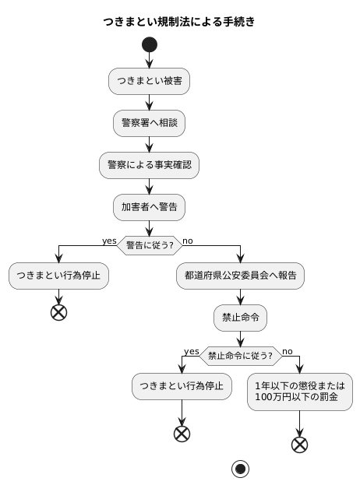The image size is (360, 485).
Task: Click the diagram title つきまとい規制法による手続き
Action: [179, 22]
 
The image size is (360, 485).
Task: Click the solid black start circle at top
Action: [149, 44]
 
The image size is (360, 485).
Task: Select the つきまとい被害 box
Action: [149, 80]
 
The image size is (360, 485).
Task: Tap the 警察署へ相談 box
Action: [149, 122]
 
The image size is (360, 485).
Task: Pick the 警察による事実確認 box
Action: [149, 164]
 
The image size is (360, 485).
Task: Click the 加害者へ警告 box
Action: [149, 206]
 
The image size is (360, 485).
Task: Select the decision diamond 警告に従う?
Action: [149, 245]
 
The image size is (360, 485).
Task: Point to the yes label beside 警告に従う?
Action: [109, 241]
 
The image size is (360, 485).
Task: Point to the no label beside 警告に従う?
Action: [188, 241]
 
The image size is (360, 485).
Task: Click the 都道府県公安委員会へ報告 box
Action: [240, 275]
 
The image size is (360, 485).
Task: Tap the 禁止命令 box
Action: [240, 317]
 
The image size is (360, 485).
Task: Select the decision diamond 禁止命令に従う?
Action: [240, 356]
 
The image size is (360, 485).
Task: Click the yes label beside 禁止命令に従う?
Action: [192, 351]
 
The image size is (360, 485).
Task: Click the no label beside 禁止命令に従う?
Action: [288, 351]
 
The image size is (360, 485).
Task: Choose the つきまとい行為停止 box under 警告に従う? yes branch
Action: [59, 275]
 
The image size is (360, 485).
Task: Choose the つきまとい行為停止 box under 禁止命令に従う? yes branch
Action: [182, 385]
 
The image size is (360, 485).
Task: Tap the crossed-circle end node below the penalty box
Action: [299, 445]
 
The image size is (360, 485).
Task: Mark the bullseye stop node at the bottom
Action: [240, 469]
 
